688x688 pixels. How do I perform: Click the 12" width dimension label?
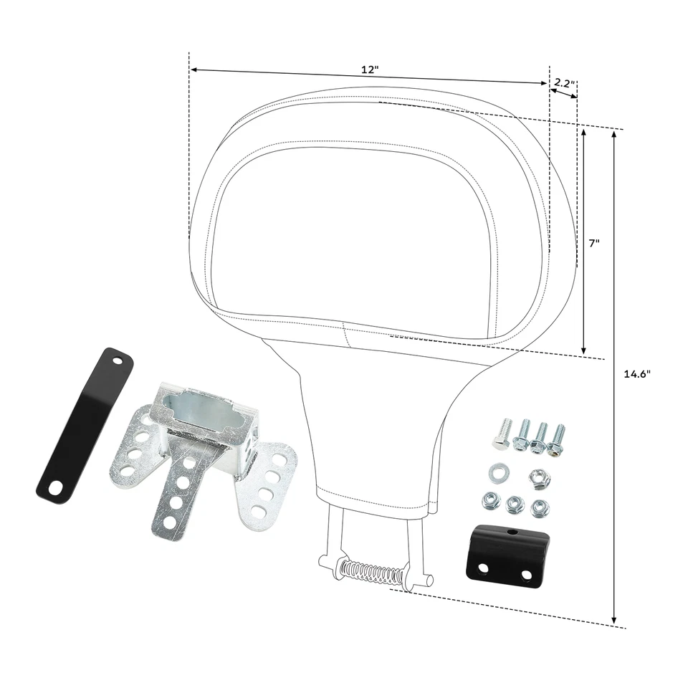tap(369, 70)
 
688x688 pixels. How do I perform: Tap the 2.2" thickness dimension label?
tap(564, 84)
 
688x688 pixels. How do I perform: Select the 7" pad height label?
tap(594, 243)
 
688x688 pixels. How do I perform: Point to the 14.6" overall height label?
tap(637, 373)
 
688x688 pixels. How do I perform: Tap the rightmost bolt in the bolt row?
tap(556, 438)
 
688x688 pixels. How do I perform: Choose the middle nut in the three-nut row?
tap(514, 505)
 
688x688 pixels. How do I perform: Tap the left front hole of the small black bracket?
tap(483, 568)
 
